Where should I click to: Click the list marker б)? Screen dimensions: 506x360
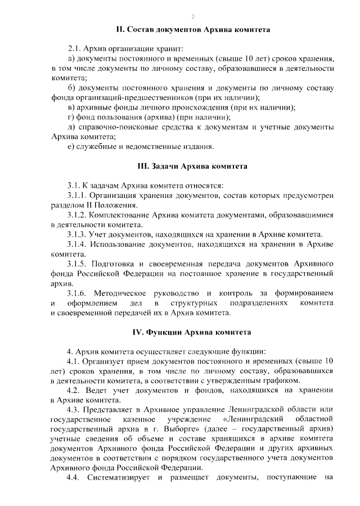(x=71, y=88)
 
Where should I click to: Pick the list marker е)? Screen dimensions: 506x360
(x=71, y=147)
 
